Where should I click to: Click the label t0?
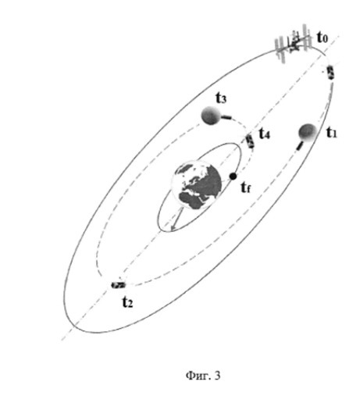point(322,37)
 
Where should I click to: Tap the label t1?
point(332,133)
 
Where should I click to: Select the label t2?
point(127,302)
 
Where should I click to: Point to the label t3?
point(221,98)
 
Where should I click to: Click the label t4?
point(265,134)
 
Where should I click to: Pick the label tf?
point(245,187)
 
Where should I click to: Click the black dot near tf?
point(233,177)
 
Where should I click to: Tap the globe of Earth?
point(196,185)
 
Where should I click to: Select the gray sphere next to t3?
point(210,116)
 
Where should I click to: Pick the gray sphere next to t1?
point(308,132)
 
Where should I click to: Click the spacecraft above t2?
point(119,285)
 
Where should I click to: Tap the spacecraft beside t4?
point(250,141)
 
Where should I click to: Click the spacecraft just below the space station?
point(330,73)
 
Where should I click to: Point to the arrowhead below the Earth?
point(173,227)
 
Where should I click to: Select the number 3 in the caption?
point(217,375)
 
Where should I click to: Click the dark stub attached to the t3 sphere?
point(227,117)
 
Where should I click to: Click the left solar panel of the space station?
point(281,50)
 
